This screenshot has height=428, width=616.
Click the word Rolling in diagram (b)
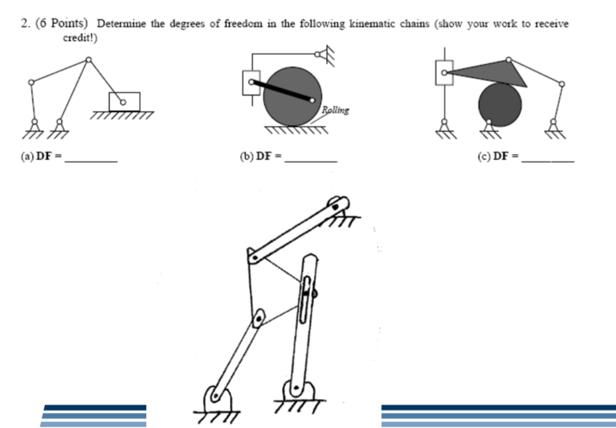click(x=335, y=110)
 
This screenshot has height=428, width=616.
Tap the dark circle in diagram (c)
click(x=499, y=105)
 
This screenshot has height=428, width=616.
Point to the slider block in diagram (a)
click(x=125, y=101)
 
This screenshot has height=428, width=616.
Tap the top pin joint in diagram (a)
click(x=88, y=60)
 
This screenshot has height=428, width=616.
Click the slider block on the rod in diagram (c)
click(x=444, y=72)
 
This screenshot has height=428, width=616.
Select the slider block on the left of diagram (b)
click(x=250, y=82)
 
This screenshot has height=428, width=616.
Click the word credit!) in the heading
click(x=80, y=39)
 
